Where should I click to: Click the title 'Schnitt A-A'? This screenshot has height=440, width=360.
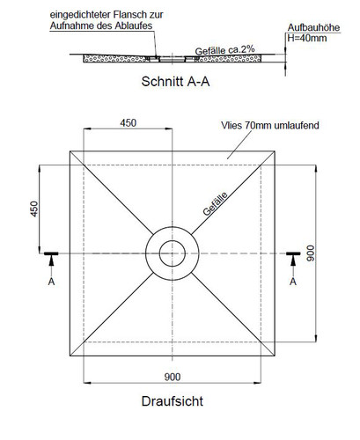point(175,82)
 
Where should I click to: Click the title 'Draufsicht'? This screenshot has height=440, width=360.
point(173,401)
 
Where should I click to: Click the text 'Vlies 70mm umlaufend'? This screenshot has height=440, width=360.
point(270,126)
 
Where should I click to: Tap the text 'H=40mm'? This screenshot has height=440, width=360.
point(307,38)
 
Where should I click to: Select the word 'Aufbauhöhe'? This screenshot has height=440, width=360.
point(313,27)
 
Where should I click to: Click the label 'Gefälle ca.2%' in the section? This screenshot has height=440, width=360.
point(224,50)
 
